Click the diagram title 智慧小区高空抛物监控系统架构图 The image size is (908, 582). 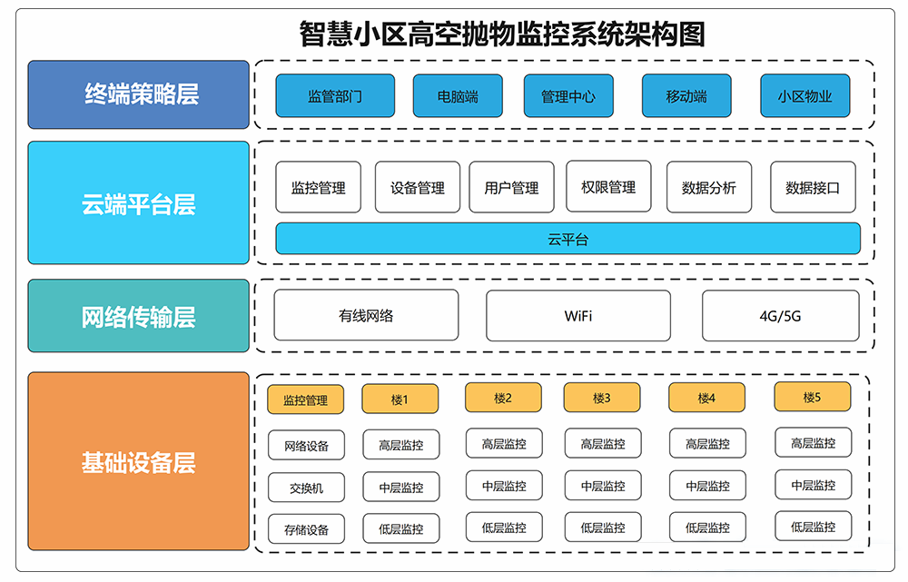(x=502, y=35)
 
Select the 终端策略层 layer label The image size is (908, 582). (x=138, y=94)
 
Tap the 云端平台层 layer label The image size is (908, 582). (x=138, y=202)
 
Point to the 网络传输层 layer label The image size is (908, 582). (x=138, y=316)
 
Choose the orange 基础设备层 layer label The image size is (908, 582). (x=138, y=461)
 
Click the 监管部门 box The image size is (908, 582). (x=335, y=96)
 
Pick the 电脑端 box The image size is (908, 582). (x=458, y=96)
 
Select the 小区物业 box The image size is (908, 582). (x=804, y=96)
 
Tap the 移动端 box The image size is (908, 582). (x=686, y=96)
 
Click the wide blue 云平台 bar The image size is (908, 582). (x=567, y=239)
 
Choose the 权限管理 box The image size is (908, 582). (x=608, y=186)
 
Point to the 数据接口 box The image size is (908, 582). (x=813, y=187)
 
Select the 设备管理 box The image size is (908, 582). (x=418, y=187)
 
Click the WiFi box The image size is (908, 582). (x=578, y=316)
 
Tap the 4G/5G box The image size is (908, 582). (x=780, y=316)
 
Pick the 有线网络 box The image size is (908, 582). (x=366, y=316)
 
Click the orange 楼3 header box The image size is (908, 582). (x=601, y=398)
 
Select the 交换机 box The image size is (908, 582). (x=306, y=488)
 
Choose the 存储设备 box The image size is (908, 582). (x=306, y=528)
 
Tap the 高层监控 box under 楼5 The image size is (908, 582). (x=813, y=443)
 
